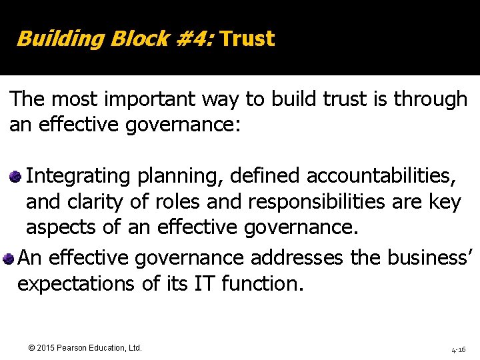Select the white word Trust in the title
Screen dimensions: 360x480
(x=247, y=39)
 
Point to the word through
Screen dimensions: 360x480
(x=431, y=99)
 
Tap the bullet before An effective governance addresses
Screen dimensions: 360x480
(x=9, y=258)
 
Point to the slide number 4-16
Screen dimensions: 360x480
(x=458, y=349)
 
